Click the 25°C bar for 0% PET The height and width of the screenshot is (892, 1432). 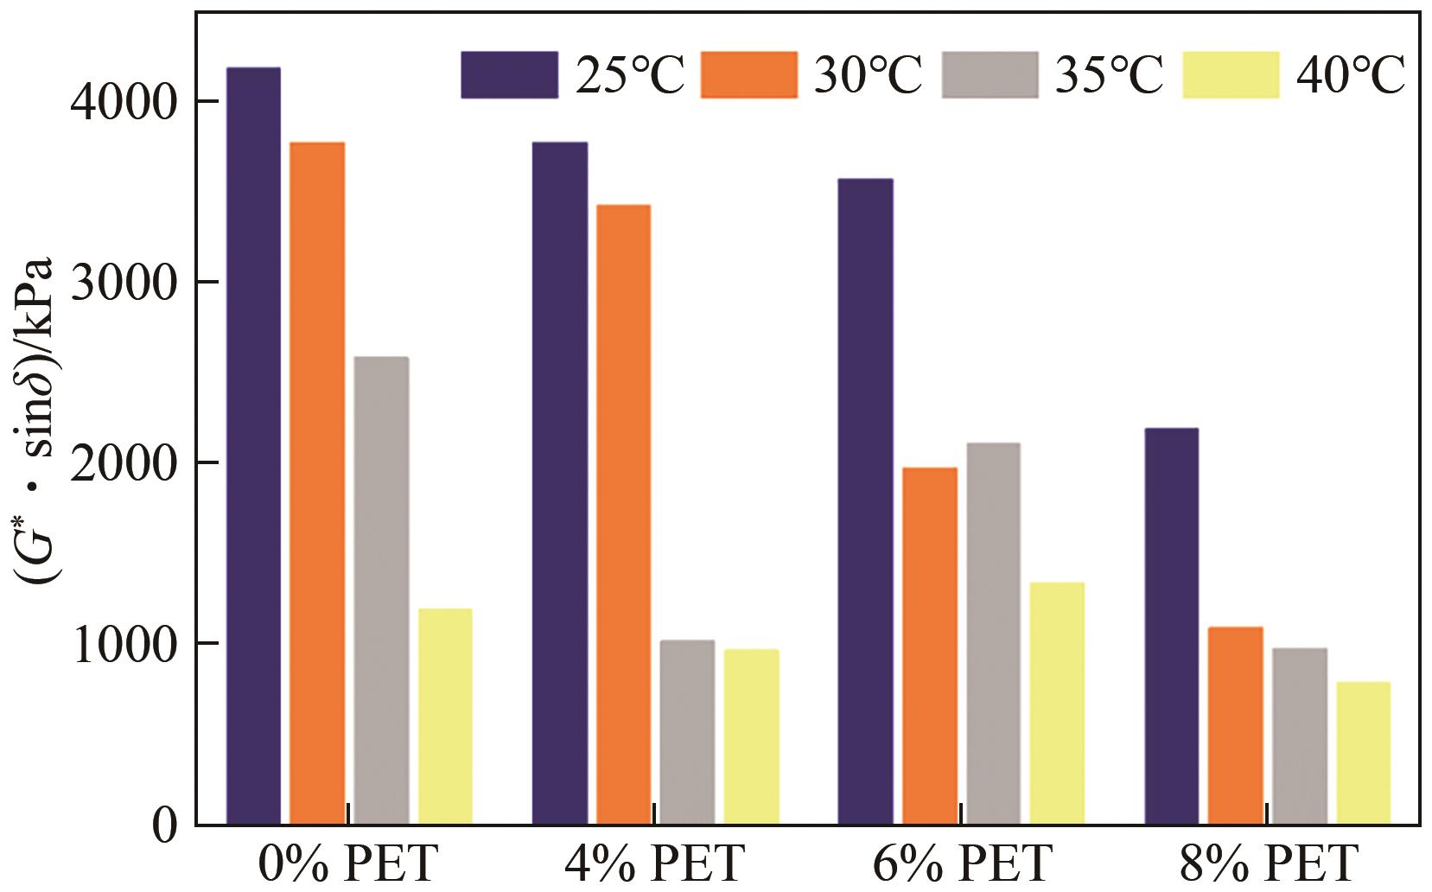(x=253, y=445)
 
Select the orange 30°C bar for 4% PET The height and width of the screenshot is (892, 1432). (x=622, y=514)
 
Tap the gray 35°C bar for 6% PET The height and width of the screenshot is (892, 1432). (x=993, y=634)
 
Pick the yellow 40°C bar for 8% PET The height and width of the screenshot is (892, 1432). (x=1363, y=753)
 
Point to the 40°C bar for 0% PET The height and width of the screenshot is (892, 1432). (x=445, y=717)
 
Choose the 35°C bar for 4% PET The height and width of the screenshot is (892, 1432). (x=687, y=732)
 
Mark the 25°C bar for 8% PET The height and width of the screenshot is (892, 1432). (x=1171, y=626)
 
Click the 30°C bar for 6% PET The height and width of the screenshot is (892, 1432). (x=929, y=646)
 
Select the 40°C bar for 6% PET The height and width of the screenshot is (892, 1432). (x=1056, y=704)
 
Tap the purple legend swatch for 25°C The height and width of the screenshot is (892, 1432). (x=509, y=74)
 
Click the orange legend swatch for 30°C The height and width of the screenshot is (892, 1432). (x=748, y=74)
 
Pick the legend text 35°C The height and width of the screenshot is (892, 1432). (x=1110, y=76)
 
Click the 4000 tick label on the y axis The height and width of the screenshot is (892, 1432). (x=121, y=103)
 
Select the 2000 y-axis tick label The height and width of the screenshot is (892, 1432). (x=121, y=464)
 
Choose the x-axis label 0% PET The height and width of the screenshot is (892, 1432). (x=348, y=863)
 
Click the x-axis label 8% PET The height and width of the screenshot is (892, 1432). (x=1268, y=863)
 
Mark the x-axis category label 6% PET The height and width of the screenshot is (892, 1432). (x=961, y=863)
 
